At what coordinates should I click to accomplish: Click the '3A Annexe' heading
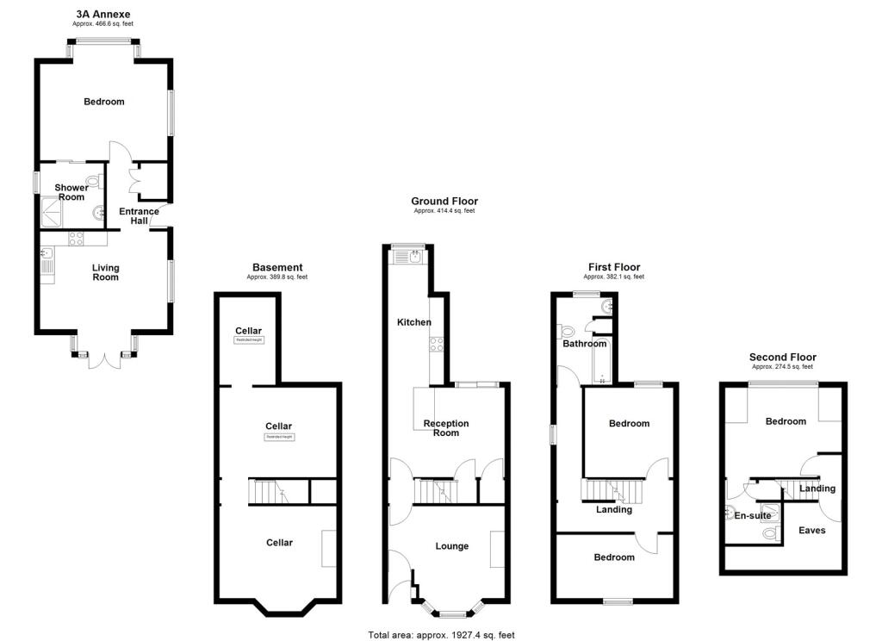click(x=102, y=14)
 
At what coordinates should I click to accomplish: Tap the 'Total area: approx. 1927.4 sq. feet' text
click(x=441, y=635)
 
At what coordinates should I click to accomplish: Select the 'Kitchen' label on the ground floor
click(x=413, y=322)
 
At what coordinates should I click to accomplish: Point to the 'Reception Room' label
click(x=446, y=427)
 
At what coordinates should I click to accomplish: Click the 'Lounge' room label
click(x=452, y=546)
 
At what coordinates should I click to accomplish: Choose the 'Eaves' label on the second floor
click(x=811, y=530)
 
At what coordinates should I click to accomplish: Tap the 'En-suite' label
click(x=751, y=516)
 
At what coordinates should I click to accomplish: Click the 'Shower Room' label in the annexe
click(x=71, y=192)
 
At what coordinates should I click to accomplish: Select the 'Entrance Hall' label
click(x=139, y=216)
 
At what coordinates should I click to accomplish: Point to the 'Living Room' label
click(x=106, y=272)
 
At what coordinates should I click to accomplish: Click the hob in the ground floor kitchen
click(x=436, y=345)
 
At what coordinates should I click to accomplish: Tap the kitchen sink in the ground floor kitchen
click(x=415, y=255)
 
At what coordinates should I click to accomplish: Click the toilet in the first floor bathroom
click(x=567, y=331)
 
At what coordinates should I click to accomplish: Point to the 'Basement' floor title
click(x=276, y=267)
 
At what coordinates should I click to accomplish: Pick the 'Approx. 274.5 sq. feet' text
click(x=782, y=367)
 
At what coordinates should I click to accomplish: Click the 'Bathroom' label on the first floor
click(x=585, y=345)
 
